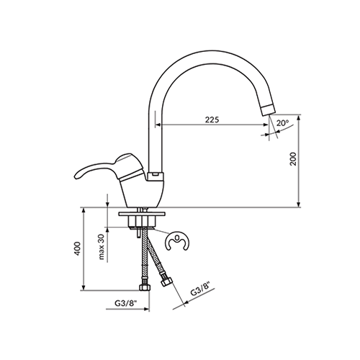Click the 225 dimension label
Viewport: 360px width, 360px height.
(212, 120)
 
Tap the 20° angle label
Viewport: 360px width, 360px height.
(282, 123)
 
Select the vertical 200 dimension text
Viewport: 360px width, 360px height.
(293, 158)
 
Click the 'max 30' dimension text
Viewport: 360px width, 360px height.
(102, 247)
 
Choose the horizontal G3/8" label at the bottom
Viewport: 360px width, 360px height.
(125, 303)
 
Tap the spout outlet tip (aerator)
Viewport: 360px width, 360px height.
(269, 110)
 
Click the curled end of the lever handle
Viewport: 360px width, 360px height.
(78, 175)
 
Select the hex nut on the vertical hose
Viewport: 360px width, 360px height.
(145, 287)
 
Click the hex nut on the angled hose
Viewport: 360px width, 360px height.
(166, 282)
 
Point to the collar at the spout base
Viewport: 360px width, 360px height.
(156, 176)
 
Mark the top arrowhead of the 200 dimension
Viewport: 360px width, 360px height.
(299, 118)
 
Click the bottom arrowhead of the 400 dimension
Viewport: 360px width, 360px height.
(84, 287)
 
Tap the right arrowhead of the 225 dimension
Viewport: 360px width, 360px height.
(266, 125)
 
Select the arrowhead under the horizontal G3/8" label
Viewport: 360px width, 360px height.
(146, 309)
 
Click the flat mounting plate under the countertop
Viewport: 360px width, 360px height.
(142, 214)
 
